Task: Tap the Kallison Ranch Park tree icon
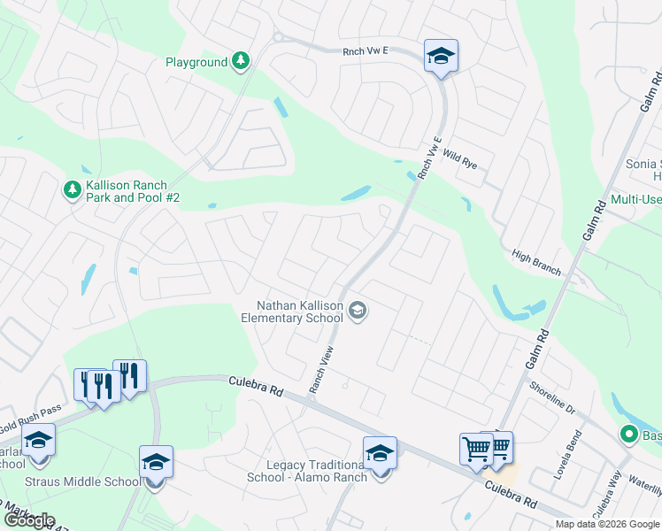[x=72, y=189]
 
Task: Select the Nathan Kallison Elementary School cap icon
[x=358, y=311]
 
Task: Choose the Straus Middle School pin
[x=155, y=463]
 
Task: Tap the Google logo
[x=29, y=520]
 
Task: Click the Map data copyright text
[x=606, y=524]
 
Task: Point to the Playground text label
[x=196, y=62]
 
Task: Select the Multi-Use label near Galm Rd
[x=635, y=199]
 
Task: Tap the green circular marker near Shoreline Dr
[x=628, y=435]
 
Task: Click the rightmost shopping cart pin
[x=497, y=449]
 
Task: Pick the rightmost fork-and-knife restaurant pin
[x=130, y=377]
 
